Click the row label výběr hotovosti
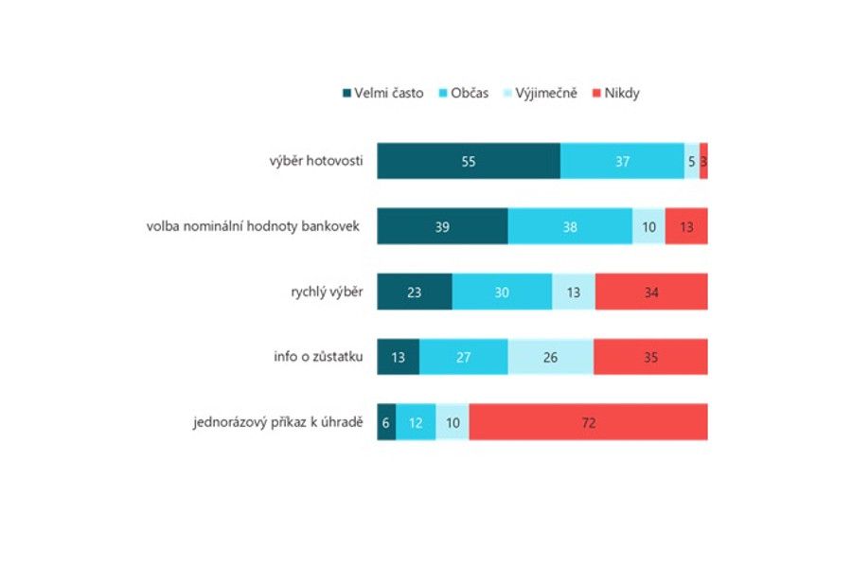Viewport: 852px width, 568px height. coord(315,161)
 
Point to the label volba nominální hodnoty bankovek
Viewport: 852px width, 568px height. coord(253,226)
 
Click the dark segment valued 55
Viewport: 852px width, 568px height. coord(469,161)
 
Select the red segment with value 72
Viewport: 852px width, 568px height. coord(588,421)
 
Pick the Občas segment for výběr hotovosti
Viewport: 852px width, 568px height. coord(622,161)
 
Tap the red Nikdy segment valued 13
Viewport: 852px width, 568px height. coord(686,226)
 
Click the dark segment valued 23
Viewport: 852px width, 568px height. coord(415,291)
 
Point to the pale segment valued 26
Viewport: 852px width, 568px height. coord(551,356)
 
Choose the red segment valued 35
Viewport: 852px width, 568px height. coord(650,356)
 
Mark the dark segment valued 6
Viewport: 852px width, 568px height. coord(386,421)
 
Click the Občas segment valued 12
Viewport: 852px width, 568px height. coord(416,421)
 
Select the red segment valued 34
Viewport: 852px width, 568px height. coord(651,291)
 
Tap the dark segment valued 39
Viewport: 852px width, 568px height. coord(442,226)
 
